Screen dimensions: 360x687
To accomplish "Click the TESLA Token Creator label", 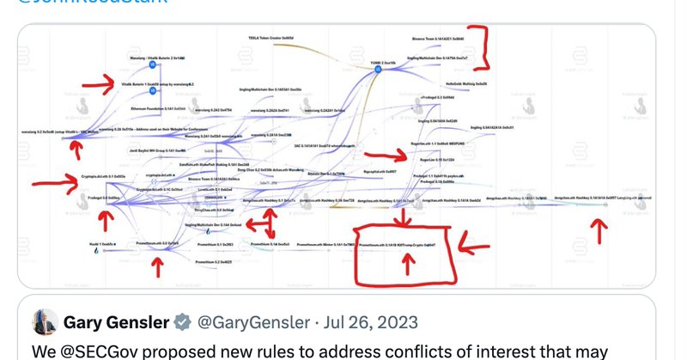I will click(x=271, y=39).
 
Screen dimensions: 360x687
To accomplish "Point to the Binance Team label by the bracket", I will click(x=438, y=40).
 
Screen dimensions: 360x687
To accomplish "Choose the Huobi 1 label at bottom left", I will click(x=104, y=243).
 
